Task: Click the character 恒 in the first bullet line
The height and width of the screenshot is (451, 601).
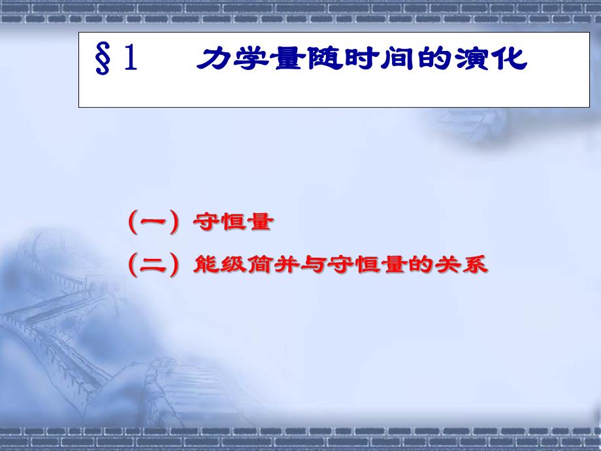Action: pyautogui.click(x=231, y=223)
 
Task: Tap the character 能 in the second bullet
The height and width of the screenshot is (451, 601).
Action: pyautogui.click(x=206, y=265)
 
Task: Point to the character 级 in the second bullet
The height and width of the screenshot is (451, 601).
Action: pyautogui.click(x=231, y=265)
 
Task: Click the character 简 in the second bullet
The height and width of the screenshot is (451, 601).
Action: pyautogui.click(x=257, y=265)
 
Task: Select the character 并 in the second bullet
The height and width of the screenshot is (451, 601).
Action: pyautogui.click(x=283, y=265)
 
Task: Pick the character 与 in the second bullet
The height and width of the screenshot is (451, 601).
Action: pyautogui.click(x=308, y=265)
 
